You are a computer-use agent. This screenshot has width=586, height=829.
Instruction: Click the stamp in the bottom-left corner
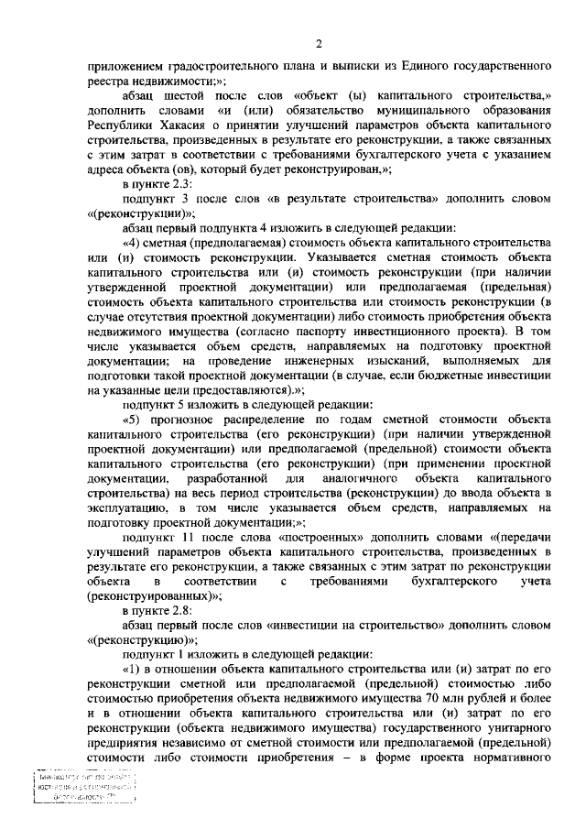point(81,786)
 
